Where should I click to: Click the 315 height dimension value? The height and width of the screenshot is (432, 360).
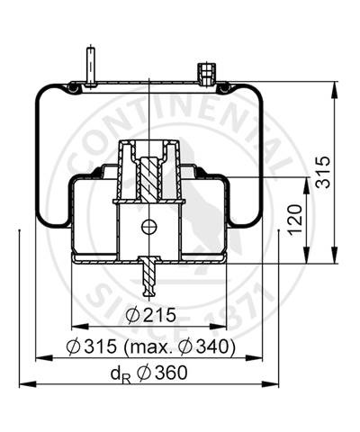point(323,172)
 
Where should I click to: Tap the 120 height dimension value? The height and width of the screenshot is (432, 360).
point(294,219)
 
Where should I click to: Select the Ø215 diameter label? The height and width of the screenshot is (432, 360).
point(150,315)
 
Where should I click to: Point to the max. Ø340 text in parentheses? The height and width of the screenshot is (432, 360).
point(179,347)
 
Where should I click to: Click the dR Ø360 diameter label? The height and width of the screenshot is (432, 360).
point(149,373)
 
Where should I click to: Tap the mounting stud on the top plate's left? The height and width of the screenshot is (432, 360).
point(90,67)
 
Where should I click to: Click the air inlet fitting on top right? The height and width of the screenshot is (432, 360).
point(206,74)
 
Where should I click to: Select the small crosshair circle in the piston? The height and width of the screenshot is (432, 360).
point(149,227)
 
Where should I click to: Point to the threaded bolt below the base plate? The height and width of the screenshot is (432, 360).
point(149,276)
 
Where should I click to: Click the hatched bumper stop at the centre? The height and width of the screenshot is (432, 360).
point(149,179)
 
